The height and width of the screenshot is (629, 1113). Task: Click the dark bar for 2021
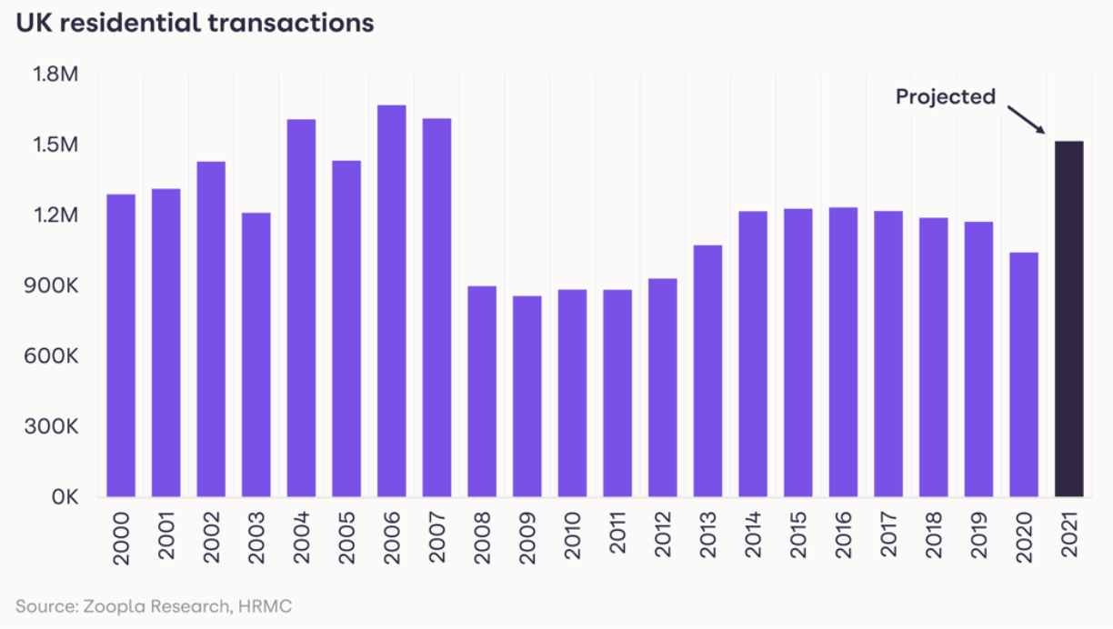(x=1068, y=319)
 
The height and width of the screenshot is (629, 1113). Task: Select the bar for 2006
(x=392, y=301)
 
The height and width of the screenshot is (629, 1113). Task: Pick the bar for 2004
(x=302, y=308)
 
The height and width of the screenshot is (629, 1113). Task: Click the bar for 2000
(x=121, y=345)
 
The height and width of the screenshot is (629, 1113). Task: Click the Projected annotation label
(x=946, y=96)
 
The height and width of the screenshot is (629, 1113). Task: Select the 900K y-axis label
(x=55, y=286)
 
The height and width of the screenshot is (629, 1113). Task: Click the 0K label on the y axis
(x=66, y=497)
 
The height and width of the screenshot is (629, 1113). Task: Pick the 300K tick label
(x=55, y=427)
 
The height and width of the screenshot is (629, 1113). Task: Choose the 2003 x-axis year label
(x=257, y=540)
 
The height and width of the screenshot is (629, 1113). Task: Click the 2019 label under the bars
(x=978, y=540)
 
